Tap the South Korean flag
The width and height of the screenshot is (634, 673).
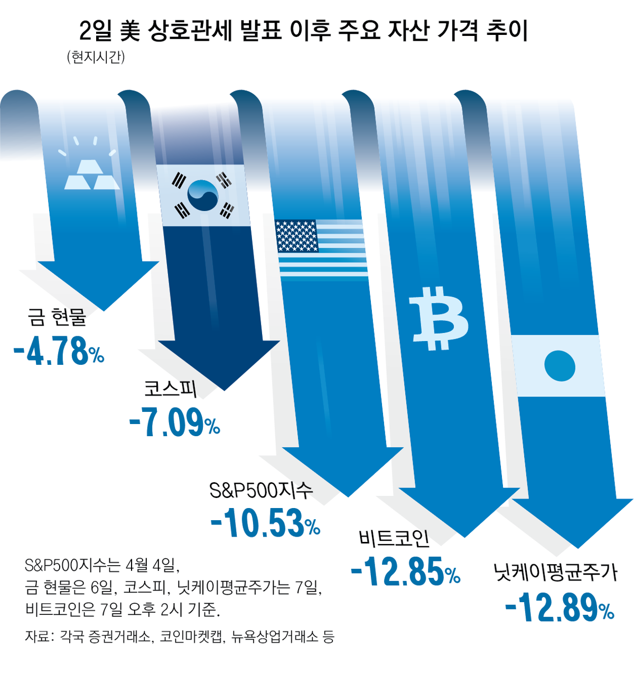pos(203,195)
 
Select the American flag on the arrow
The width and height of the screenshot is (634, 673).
pos(321,246)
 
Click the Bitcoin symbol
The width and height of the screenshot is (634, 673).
pos(438,318)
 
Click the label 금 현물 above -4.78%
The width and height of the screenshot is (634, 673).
pos(57,317)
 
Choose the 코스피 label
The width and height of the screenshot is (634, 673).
pos(171,389)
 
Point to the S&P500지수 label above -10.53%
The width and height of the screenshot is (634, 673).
pos(261,490)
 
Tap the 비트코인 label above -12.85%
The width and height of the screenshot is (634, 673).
pos(394,538)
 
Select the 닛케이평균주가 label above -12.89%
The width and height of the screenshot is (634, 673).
pos(555,572)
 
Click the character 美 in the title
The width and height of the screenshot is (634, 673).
pos(130,31)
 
